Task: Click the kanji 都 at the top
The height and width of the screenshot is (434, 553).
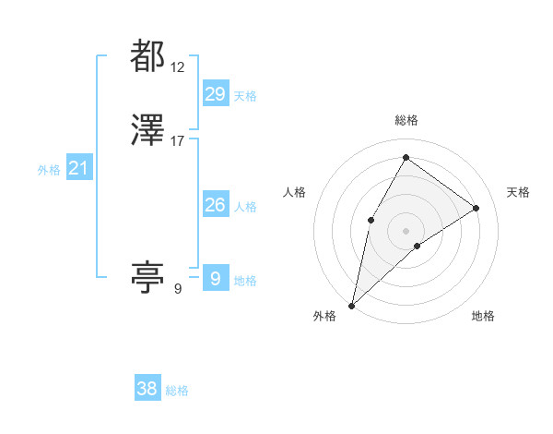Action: click(x=147, y=56)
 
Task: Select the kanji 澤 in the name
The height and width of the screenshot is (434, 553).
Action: click(x=147, y=131)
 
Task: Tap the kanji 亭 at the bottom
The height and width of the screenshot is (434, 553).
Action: click(x=147, y=276)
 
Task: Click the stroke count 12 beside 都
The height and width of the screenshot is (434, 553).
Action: click(x=178, y=66)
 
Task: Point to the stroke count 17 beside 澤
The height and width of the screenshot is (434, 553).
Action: click(x=178, y=141)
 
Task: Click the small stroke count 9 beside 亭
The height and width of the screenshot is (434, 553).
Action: click(x=177, y=289)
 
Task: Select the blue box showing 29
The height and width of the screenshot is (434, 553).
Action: click(x=215, y=94)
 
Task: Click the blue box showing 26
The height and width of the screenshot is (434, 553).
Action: click(x=215, y=205)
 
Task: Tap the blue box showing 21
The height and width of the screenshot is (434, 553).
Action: click(x=78, y=168)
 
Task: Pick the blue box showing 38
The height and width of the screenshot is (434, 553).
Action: click(x=147, y=389)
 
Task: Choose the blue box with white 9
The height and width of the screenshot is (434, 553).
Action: click(x=215, y=278)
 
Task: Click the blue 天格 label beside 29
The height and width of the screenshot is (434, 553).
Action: click(x=245, y=96)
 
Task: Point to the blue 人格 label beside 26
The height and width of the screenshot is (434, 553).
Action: click(x=245, y=207)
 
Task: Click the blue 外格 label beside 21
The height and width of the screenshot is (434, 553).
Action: click(x=49, y=170)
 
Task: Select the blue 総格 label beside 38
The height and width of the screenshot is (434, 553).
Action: click(x=177, y=391)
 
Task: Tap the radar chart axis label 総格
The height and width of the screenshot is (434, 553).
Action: click(x=406, y=121)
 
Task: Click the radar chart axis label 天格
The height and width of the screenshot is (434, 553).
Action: click(x=519, y=192)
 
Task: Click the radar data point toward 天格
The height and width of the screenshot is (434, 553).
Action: click(x=477, y=208)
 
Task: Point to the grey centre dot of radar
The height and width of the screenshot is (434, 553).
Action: click(x=406, y=230)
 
